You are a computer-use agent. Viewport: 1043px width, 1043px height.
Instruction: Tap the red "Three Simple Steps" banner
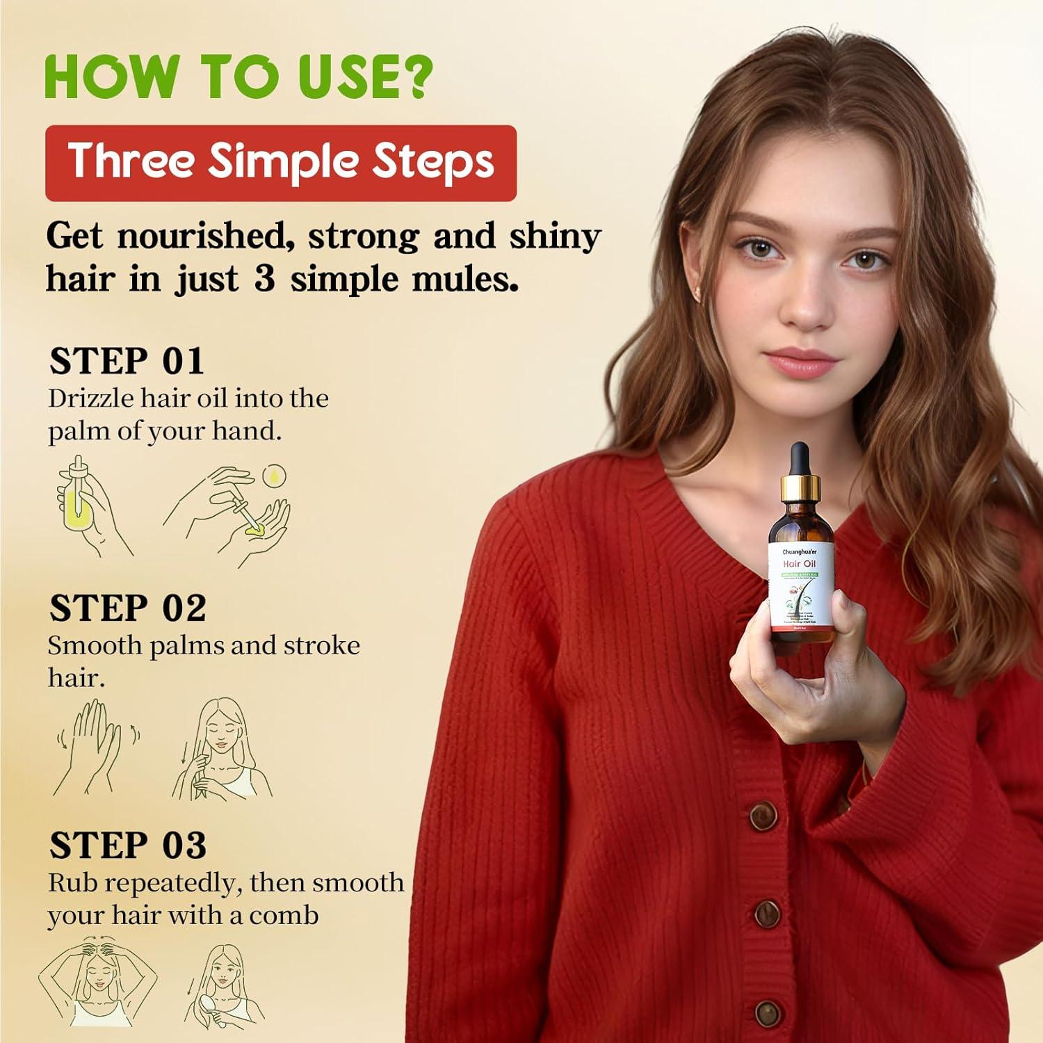point(280,163)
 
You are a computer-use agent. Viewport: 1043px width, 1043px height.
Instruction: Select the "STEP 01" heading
point(127,362)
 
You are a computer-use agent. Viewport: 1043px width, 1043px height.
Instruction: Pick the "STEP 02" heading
point(128,608)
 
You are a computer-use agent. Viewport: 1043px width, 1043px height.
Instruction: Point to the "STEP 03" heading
point(128,846)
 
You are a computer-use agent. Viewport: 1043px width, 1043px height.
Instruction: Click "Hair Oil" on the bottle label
point(800,563)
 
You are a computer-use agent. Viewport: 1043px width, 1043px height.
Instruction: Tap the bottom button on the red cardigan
point(768,1012)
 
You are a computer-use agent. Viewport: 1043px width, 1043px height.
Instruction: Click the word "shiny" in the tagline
point(555,236)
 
